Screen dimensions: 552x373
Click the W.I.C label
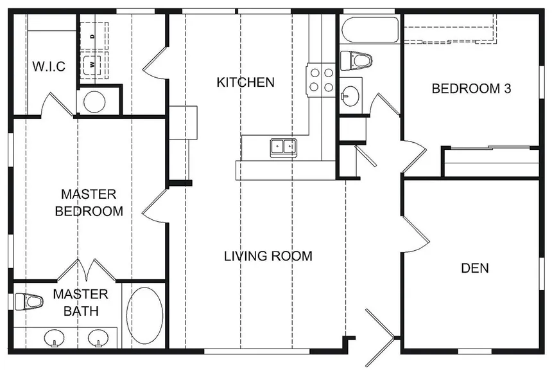(49, 66)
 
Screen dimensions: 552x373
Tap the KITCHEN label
(245, 82)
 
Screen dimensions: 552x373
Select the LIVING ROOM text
(268, 256)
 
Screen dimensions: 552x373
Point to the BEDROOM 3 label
(471, 89)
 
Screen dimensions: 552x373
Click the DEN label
(475, 268)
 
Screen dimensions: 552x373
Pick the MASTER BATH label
(81, 302)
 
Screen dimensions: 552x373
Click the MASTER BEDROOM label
(89, 203)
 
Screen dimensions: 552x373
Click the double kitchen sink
(284, 147)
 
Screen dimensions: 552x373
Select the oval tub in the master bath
(144, 315)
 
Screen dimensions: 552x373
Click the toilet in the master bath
(29, 302)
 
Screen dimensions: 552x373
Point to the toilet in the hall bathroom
(356, 60)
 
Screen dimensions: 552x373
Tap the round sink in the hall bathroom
(350, 96)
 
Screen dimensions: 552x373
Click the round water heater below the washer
(94, 102)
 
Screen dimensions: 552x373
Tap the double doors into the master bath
(87, 270)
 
